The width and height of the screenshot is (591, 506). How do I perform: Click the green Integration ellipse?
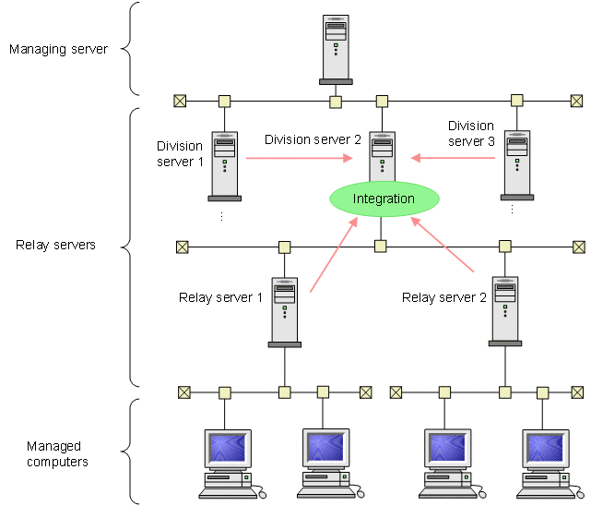384,199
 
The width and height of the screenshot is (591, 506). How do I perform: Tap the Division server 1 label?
181,154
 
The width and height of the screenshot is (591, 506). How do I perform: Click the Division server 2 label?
313,140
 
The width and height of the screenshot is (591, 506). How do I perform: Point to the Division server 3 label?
471,134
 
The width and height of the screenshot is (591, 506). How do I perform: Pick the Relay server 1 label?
220,297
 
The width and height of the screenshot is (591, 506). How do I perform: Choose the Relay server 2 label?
444,297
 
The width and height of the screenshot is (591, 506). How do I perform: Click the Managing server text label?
58,49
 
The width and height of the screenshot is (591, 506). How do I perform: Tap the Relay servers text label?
56,246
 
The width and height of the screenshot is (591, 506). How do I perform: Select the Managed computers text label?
57,453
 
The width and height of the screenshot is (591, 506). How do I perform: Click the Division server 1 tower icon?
224,164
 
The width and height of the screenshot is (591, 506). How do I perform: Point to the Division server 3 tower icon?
516,164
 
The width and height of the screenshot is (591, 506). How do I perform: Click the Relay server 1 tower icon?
285,310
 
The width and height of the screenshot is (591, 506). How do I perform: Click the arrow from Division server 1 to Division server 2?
301,158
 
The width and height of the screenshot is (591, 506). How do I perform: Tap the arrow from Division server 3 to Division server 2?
453,158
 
